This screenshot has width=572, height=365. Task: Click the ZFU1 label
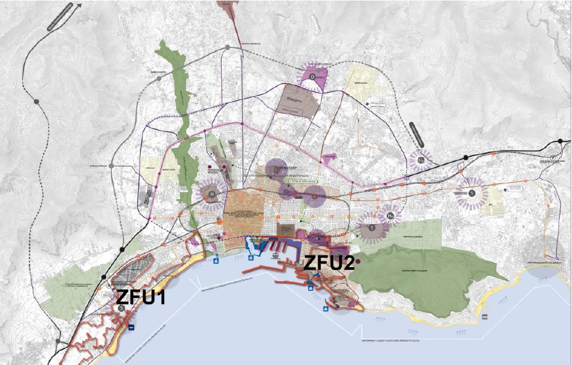click(140, 297)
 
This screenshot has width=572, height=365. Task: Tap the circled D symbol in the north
click(312, 77)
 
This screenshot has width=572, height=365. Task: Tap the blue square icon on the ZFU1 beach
click(132, 327)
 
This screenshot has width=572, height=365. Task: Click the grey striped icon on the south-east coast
click(485, 316)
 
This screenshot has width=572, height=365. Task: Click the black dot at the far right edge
click(561, 142)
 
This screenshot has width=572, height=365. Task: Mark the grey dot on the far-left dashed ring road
click(36, 102)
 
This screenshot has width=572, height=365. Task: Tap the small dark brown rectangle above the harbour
click(286, 230)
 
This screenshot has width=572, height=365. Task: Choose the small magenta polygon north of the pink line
click(330, 158)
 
